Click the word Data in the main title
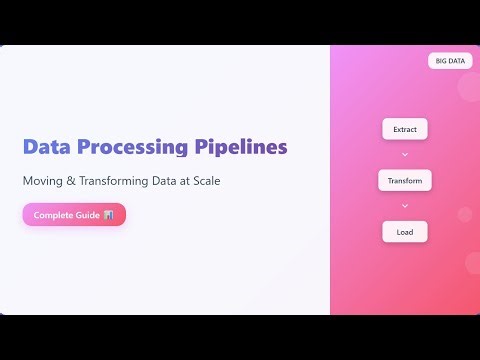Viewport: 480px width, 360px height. coord(48,147)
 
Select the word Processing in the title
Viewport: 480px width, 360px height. coord(130,147)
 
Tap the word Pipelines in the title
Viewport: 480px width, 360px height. coord(239,147)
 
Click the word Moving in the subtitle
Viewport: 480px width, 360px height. coord(44,181)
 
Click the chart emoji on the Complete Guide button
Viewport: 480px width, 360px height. coord(108,215)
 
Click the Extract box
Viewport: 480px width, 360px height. coord(405,130)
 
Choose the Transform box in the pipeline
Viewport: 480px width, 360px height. coord(405,181)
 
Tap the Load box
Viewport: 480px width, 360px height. coord(405,232)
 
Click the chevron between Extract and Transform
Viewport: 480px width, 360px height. coord(405,155)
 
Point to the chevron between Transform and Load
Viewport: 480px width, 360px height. coord(405,206)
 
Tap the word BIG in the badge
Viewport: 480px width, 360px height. coord(441,61)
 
